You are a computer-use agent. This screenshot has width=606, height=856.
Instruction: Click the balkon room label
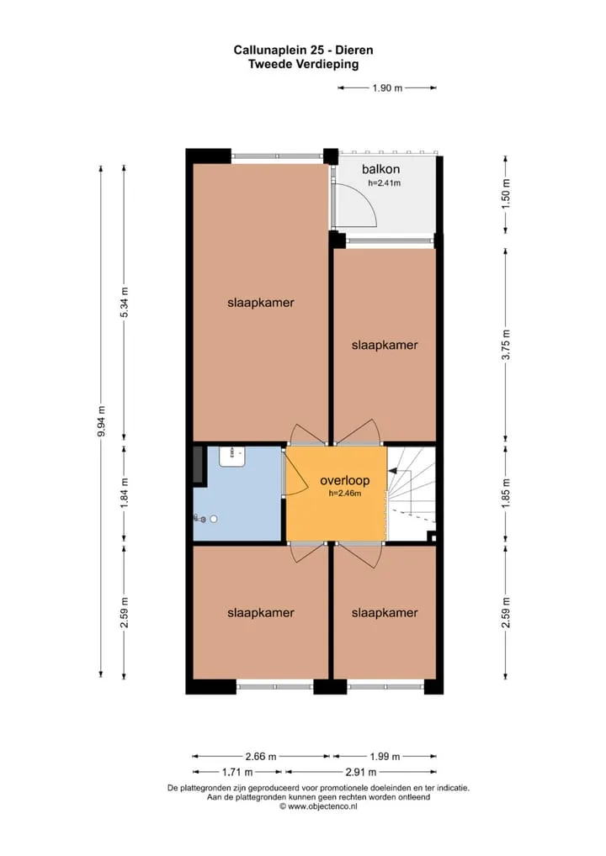click(380, 169)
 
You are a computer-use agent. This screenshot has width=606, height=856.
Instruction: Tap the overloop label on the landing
click(345, 480)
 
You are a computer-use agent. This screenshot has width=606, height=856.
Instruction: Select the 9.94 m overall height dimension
click(101, 421)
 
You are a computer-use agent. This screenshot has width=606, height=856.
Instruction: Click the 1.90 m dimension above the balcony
click(387, 88)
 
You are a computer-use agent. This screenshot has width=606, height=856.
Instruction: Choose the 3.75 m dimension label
click(506, 345)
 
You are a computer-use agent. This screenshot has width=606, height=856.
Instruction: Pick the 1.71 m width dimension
click(237, 772)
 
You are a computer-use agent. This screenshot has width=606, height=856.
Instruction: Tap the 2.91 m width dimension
click(361, 772)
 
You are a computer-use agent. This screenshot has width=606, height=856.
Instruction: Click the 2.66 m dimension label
click(261, 757)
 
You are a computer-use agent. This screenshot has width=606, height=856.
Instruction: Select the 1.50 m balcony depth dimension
click(506, 194)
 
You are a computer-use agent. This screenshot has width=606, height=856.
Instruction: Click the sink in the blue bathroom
click(231, 457)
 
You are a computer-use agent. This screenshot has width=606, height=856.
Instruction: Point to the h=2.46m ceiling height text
click(345, 494)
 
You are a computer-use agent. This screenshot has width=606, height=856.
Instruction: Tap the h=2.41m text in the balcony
click(384, 182)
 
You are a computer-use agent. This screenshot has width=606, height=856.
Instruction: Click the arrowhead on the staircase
click(391, 469)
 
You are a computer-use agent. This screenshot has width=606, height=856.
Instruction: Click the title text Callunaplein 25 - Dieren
click(303, 50)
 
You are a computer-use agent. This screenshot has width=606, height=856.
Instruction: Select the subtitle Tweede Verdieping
click(303, 65)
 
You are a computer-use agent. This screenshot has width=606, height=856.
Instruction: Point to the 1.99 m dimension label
click(385, 757)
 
